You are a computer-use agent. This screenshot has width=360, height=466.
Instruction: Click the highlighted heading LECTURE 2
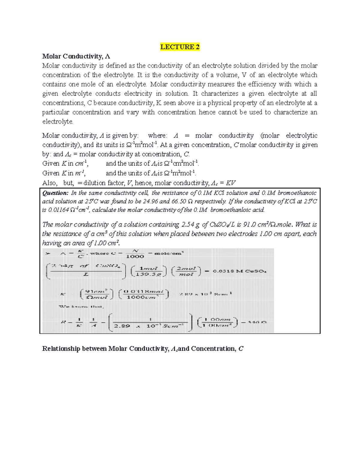tap(180, 47)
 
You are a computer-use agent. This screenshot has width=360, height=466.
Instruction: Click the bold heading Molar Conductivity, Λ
tap(76, 56)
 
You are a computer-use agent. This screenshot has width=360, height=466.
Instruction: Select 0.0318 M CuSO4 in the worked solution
tap(239, 271)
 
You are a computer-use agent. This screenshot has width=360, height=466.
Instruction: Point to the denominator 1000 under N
tap(135, 257)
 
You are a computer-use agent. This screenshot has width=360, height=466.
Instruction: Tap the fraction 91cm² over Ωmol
tap(97, 294)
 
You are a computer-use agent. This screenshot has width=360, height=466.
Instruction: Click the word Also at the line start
tap(49, 183)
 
